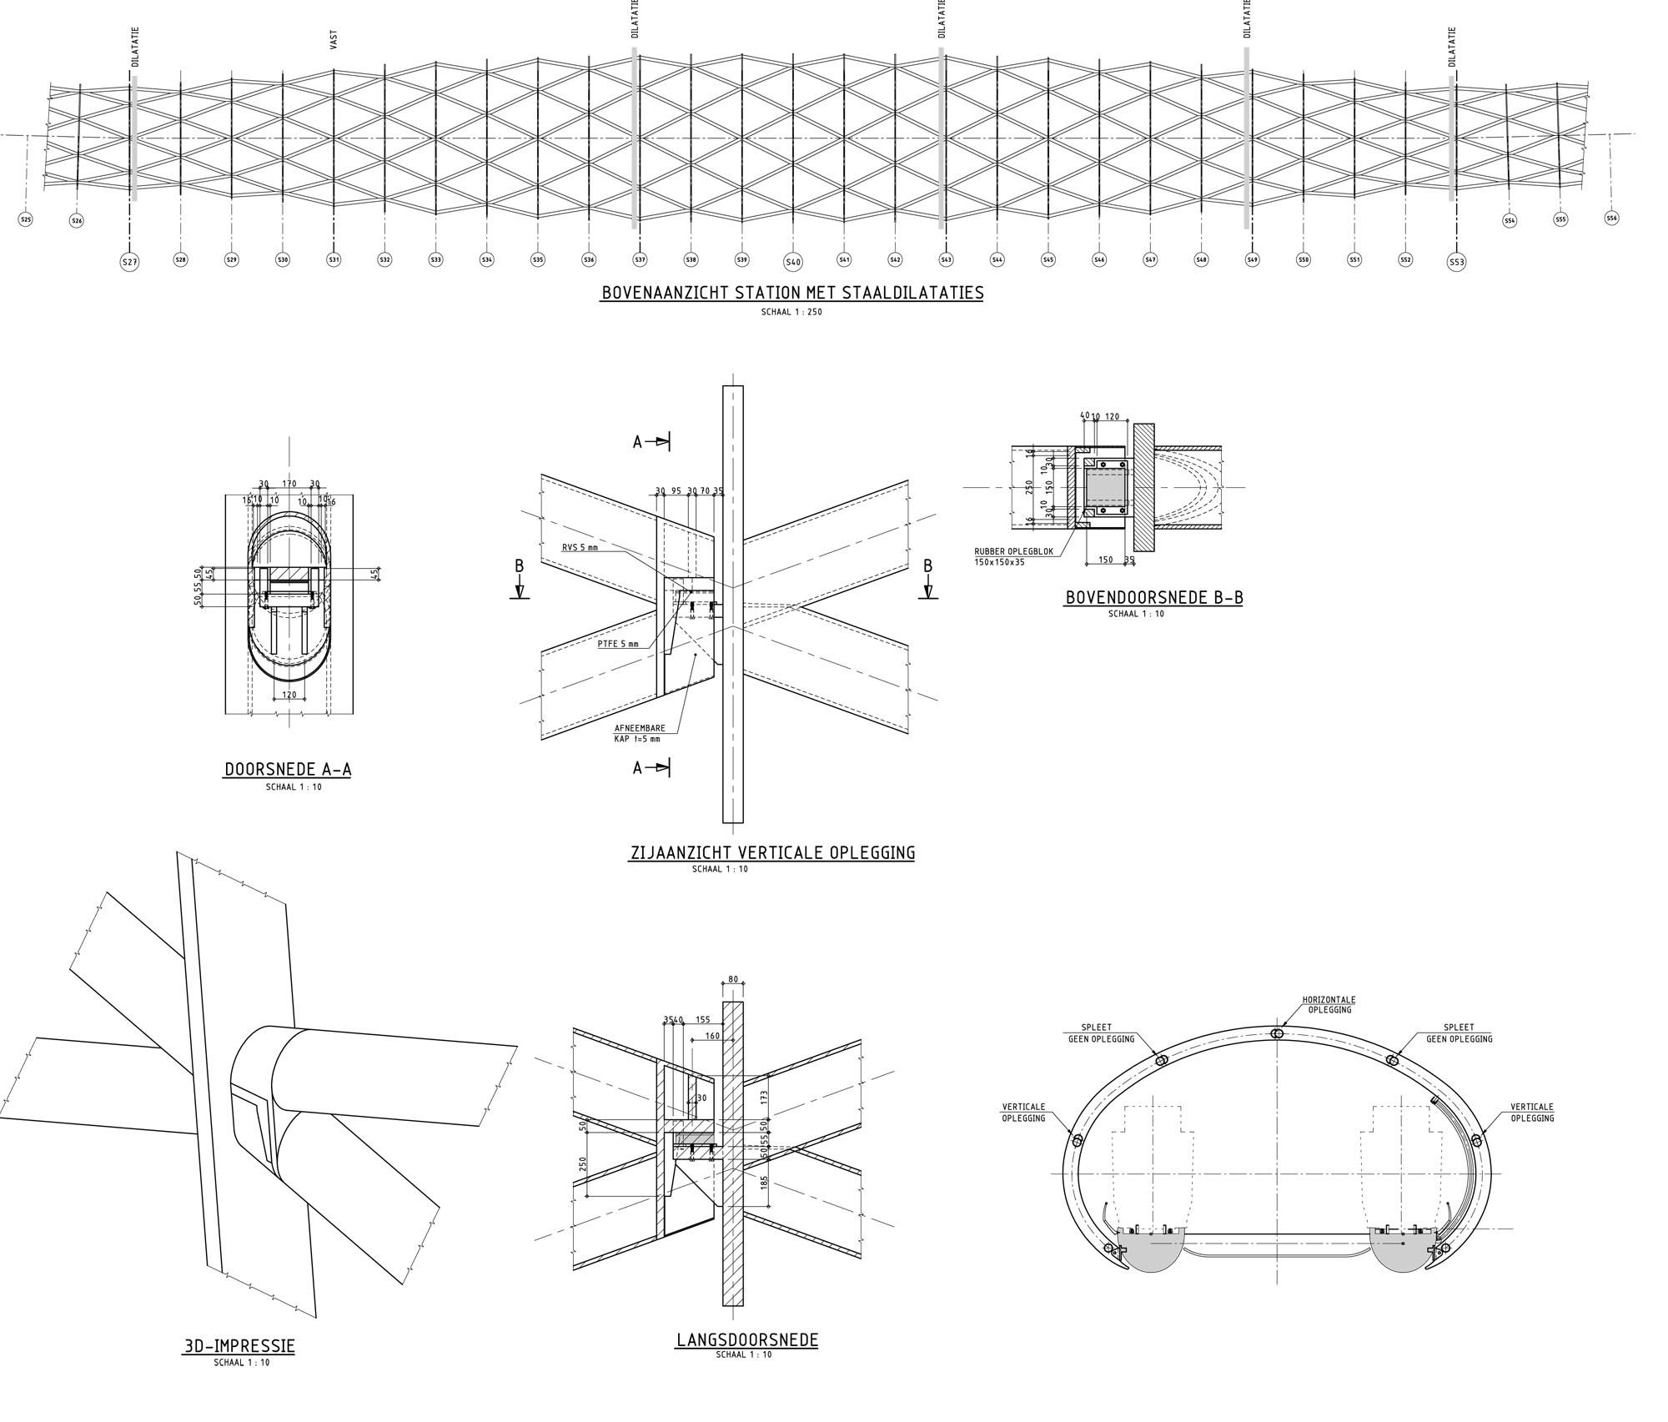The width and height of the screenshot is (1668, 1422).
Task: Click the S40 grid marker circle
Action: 793,262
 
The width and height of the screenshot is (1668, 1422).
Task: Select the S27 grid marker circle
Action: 129,262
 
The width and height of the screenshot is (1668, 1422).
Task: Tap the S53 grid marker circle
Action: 1456,262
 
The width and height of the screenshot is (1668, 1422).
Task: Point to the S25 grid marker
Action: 25,219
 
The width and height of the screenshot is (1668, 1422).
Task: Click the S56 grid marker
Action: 1611,218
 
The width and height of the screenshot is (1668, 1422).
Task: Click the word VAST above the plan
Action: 334,39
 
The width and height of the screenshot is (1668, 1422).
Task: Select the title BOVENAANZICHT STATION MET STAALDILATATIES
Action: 791,293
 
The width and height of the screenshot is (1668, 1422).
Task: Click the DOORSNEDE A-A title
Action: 288,769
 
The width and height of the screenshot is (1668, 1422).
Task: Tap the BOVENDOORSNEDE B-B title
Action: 1153,597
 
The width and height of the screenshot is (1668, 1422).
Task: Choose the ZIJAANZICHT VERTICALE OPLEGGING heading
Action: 771,852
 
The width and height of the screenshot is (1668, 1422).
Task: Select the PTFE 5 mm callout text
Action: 617,643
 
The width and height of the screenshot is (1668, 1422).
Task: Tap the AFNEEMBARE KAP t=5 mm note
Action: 638,733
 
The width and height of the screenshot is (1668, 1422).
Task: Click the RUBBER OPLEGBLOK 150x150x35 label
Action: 1007,556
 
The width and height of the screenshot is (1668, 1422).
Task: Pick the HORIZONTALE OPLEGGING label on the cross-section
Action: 1329,1004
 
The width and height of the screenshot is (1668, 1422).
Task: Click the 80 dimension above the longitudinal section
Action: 733,979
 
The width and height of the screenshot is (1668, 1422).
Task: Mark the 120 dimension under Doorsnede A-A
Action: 289,695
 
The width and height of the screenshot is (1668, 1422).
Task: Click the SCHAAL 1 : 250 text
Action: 791,313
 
